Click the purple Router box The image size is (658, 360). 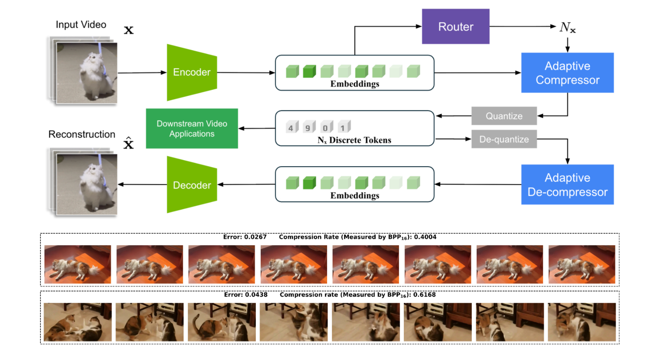[x=456, y=27]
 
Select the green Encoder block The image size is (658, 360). [x=192, y=72]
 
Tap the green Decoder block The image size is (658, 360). [x=192, y=185]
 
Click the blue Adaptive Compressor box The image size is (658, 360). [x=567, y=73]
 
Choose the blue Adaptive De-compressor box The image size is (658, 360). [x=567, y=185]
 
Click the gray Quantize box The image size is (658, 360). [x=504, y=116]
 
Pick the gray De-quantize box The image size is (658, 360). [x=504, y=139]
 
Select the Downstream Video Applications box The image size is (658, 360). [x=192, y=129]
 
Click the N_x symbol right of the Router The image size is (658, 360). [x=567, y=27]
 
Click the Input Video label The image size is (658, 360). [x=81, y=25]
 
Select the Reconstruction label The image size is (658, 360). [x=82, y=135]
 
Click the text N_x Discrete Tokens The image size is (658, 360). [x=355, y=140]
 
